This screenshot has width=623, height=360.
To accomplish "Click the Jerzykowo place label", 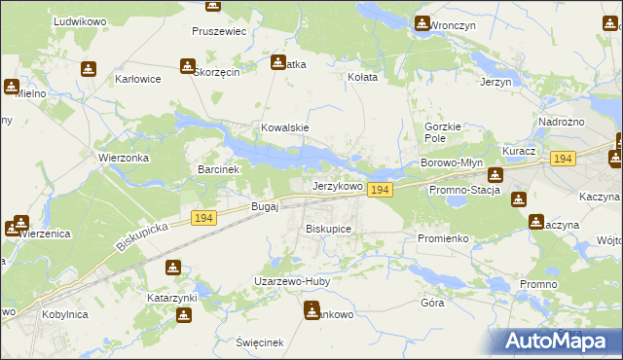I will [x=338, y=185].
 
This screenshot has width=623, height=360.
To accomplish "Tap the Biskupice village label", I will [x=328, y=229].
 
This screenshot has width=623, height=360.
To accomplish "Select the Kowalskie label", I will [x=284, y=127].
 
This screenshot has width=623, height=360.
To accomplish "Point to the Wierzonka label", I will [x=123, y=157].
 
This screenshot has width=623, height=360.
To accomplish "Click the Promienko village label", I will [x=444, y=238].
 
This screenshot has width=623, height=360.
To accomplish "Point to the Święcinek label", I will [x=259, y=342].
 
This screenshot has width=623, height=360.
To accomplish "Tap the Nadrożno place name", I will [x=560, y=122].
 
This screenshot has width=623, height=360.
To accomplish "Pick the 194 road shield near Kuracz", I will [x=562, y=158].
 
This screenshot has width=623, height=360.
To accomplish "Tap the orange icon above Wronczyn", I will [x=421, y=23].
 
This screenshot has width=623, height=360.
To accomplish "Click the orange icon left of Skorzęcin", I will [x=186, y=66].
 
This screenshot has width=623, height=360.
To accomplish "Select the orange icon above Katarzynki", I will [x=172, y=268].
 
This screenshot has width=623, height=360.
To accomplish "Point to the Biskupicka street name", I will [x=142, y=234].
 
